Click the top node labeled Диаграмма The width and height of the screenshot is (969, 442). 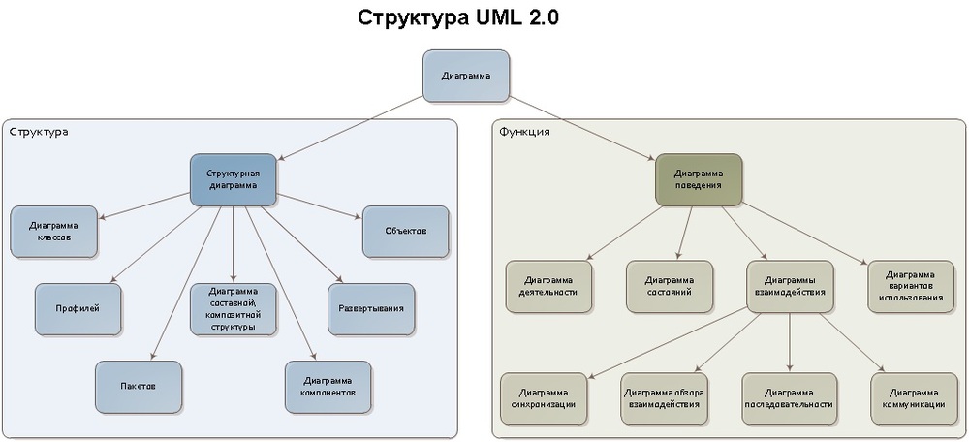tap(465, 76)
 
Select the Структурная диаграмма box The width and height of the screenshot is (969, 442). tap(233, 179)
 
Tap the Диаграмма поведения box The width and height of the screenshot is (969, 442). tap(699, 179)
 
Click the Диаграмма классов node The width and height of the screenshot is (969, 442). tap(54, 231)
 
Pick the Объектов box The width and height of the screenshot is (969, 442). tap(405, 231)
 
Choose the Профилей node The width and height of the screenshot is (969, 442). tap(78, 308)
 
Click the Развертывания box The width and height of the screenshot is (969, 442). tap(371, 308)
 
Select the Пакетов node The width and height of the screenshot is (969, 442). tap(139, 386)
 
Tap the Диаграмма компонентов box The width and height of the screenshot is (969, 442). tap(328, 386)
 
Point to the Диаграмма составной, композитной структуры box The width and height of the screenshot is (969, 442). tap(233, 308)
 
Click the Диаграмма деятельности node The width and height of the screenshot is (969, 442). tap(548, 285)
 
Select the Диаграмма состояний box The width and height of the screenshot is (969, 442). tap(669, 285)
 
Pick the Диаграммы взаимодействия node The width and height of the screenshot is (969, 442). tap(790, 285)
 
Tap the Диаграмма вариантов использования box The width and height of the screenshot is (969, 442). tap(910, 285)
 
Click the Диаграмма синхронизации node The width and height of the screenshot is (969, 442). tap(544, 397)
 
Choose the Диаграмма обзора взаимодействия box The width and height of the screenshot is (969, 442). tap(665, 397)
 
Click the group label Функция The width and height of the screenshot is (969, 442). tap(524, 131)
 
